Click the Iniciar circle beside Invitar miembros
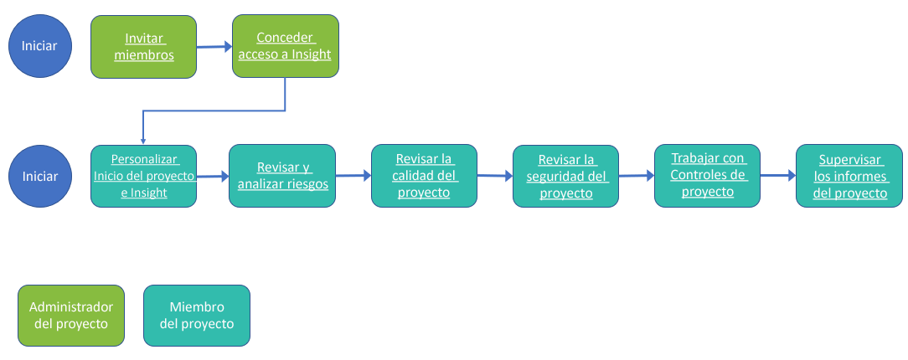pyautogui.click(x=39, y=47)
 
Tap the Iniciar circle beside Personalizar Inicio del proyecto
pyautogui.click(x=39, y=177)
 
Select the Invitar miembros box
pyautogui.click(x=144, y=47)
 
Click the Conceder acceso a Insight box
pyautogui.click(x=286, y=46)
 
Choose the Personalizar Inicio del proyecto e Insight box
pyautogui.click(x=144, y=176)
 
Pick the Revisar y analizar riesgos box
pyautogui.click(x=282, y=176)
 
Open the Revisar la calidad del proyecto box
pyautogui.click(x=424, y=176)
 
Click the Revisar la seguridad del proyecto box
pyautogui.click(x=566, y=176)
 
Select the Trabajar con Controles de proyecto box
pyautogui.click(x=708, y=175)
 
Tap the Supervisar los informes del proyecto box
pyautogui.click(x=849, y=175)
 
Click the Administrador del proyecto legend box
pyautogui.click(x=71, y=315)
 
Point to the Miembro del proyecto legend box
pyautogui.click(x=197, y=315)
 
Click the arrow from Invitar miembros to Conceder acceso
pyautogui.click(x=214, y=48)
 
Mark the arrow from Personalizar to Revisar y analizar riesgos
pyautogui.click(x=213, y=177)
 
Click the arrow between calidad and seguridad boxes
pyautogui.click(x=495, y=176)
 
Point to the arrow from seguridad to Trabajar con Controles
pyautogui.click(x=637, y=176)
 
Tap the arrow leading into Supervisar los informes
pyautogui.click(x=778, y=176)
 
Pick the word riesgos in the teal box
pyautogui.click(x=306, y=184)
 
